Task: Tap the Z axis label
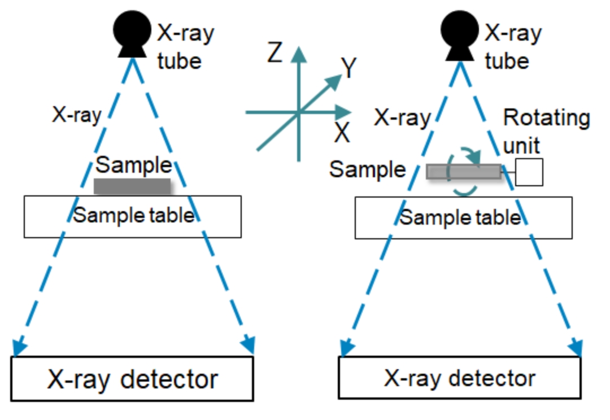pyautogui.click(x=274, y=53)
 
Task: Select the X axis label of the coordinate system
pyautogui.click(x=342, y=133)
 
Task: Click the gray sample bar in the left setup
pyautogui.click(x=132, y=186)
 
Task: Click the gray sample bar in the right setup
pyautogui.click(x=463, y=172)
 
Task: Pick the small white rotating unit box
pyautogui.click(x=529, y=172)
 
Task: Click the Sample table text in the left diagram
pyautogui.click(x=133, y=215)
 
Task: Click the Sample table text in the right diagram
pyautogui.click(x=460, y=217)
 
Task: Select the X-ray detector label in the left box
pyautogui.click(x=132, y=379)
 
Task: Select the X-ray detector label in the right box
pyautogui.click(x=459, y=378)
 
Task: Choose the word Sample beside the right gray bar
pyautogui.click(x=368, y=169)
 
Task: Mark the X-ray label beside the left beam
pyautogui.click(x=77, y=115)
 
